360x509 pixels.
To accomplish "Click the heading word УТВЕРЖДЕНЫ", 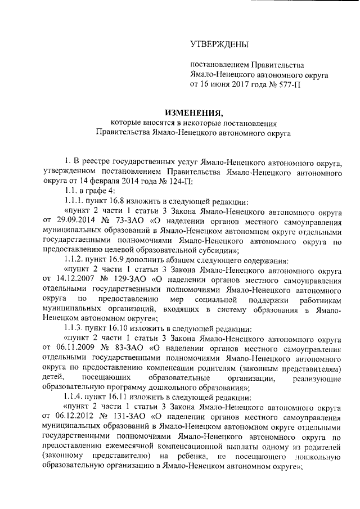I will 219,44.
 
